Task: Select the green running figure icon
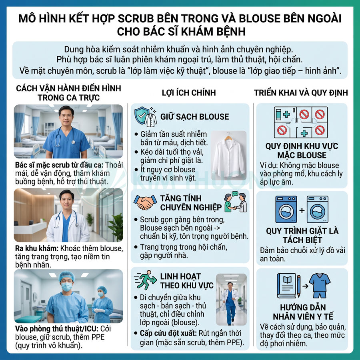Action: pos(146,281)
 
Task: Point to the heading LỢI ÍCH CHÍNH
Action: pos(189,93)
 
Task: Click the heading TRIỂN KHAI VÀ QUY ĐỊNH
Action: pos(301,93)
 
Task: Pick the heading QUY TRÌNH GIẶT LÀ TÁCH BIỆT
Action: pos(302,236)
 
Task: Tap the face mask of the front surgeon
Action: pos(67,287)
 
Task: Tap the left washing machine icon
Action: pos(286,209)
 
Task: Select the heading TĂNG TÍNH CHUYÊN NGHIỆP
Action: pos(191,202)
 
